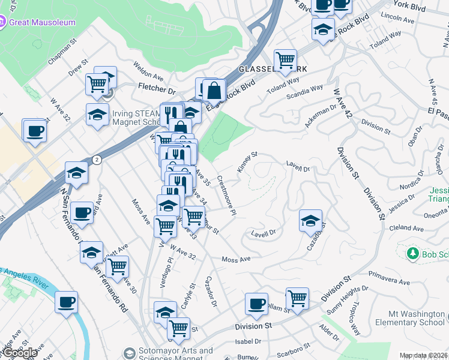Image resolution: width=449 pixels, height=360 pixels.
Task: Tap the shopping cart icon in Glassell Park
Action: coord(285,59)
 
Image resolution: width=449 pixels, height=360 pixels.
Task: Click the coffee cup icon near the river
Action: coord(66,301)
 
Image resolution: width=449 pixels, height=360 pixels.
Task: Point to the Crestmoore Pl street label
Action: coord(227,195)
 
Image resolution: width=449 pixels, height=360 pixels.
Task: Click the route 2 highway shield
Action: coord(96,160)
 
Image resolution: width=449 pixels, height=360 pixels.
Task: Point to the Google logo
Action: coord(20,353)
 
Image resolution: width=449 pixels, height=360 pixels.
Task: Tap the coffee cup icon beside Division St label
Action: coord(257,304)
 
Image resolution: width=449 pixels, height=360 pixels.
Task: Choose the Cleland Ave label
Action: coord(406,228)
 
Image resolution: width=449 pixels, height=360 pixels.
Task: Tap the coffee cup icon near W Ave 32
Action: coord(34,130)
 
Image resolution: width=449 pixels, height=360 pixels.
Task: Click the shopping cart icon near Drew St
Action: coord(97,85)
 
